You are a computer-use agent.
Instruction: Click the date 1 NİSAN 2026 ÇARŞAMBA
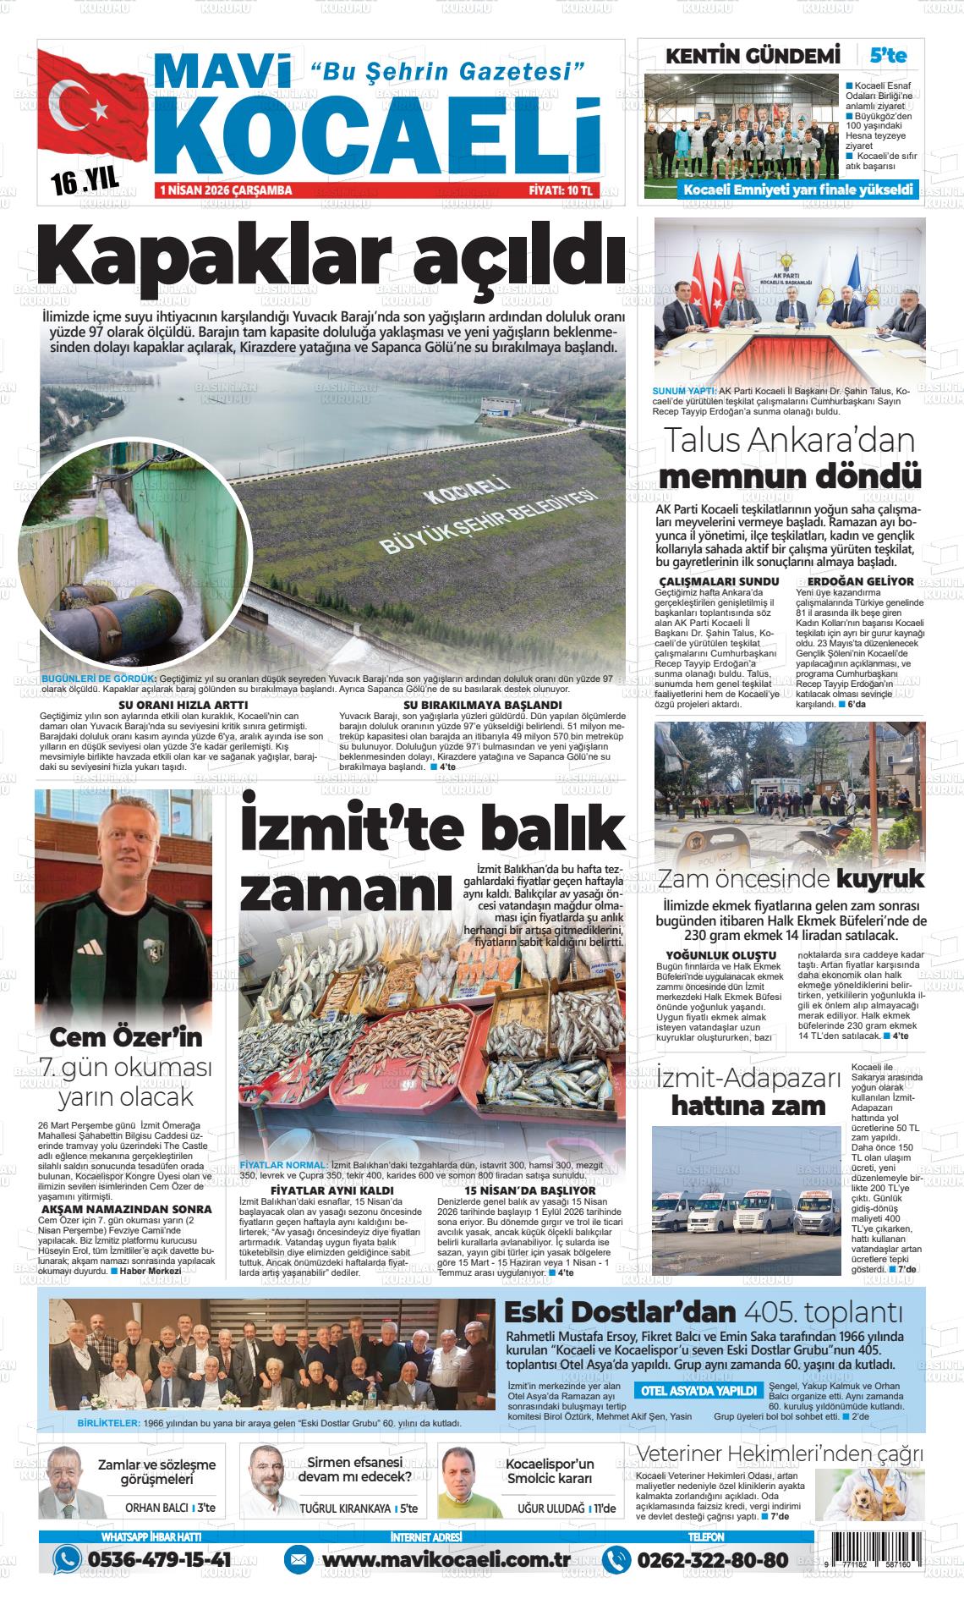(226, 191)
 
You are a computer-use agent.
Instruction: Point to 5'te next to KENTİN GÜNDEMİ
(887, 56)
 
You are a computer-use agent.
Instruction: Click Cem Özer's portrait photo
(123, 905)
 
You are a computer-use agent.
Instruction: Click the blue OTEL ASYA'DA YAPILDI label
(698, 1391)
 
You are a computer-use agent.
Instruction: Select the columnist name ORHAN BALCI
(156, 1508)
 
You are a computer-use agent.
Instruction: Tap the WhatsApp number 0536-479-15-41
(157, 1559)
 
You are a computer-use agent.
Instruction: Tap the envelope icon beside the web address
(297, 1559)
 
